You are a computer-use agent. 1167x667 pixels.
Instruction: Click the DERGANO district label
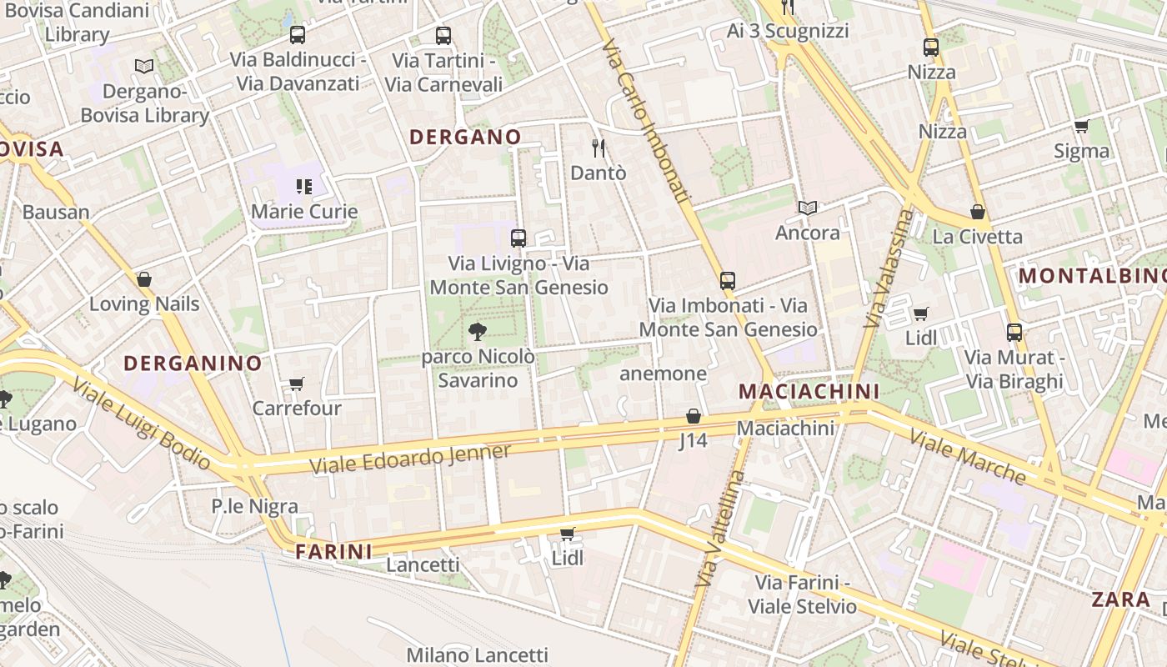pyautogui.click(x=465, y=137)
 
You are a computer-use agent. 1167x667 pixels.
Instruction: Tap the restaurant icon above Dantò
pyautogui.click(x=598, y=148)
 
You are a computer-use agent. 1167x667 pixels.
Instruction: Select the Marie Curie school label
pyautogui.click(x=304, y=211)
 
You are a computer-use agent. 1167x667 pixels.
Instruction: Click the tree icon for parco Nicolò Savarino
pyautogui.click(x=478, y=332)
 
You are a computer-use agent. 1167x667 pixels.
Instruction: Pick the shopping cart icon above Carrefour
pyautogui.click(x=296, y=384)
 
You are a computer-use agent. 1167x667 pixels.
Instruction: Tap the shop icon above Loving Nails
pyautogui.click(x=144, y=279)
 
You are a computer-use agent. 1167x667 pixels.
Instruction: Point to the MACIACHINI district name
pyautogui.click(x=809, y=391)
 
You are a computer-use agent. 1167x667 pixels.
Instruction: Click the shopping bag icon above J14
pyautogui.click(x=693, y=416)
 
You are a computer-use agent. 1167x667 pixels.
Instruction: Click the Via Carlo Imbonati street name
pyautogui.click(x=647, y=121)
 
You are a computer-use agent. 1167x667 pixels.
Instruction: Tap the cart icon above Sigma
pyautogui.click(x=1081, y=127)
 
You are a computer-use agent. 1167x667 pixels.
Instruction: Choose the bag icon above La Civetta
pyautogui.click(x=977, y=213)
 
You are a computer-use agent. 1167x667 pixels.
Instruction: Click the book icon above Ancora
pyautogui.click(x=807, y=208)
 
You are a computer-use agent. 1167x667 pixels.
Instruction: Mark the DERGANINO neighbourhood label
pyautogui.click(x=193, y=363)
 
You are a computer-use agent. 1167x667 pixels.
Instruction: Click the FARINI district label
pyautogui.click(x=333, y=551)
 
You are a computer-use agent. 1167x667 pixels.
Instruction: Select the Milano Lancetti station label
pyautogui.click(x=477, y=654)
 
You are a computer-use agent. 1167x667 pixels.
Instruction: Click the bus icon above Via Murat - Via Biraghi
pyautogui.click(x=1014, y=333)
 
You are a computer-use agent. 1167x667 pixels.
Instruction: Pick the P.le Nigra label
pyautogui.click(x=254, y=505)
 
